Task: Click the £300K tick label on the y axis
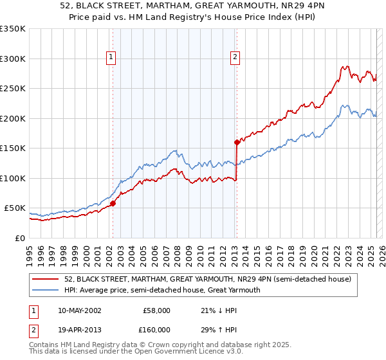coord(13,59)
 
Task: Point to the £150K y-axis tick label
coord(13,148)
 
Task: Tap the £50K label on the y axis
coord(15,208)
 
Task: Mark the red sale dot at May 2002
coord(113,203)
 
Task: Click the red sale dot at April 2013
coord(237,142)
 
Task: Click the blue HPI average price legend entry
coord(161,290)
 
